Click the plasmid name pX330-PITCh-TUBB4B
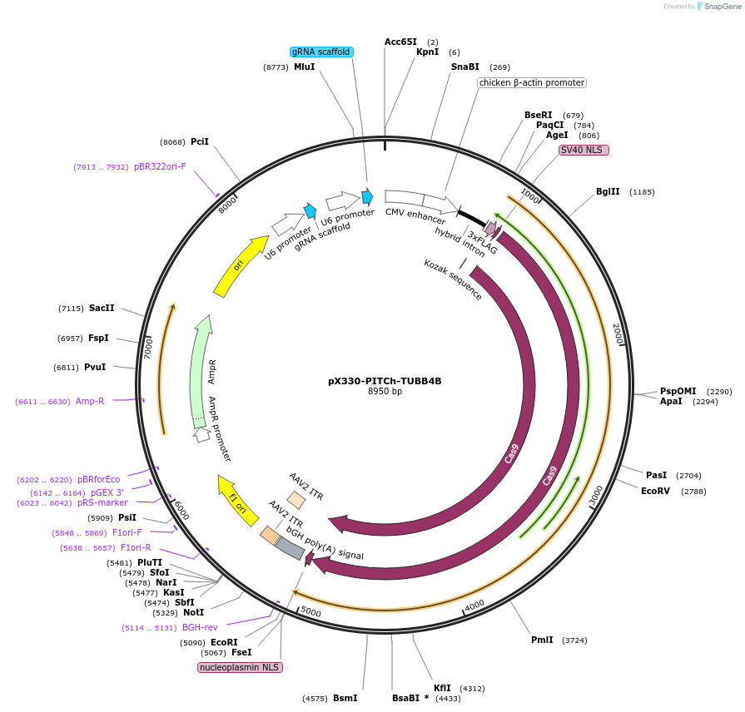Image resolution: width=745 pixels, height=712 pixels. coord(385,381)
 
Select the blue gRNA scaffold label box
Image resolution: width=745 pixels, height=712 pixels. coord(321,52)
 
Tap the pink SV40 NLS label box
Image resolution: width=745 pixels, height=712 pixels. coord(584,150)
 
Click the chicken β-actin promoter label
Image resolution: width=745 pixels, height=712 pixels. coord(532,83)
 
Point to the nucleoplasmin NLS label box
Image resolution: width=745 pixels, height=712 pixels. coord(240,667)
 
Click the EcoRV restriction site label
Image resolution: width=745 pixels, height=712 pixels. coord(655,492)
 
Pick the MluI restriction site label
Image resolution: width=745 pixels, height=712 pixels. coord(305,67)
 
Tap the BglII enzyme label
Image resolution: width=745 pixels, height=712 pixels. coord(608,191)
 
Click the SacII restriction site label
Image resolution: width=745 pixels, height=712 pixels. coord(102,308)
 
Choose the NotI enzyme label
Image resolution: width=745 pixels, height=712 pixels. coord(193,612)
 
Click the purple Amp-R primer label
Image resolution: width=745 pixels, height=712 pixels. coord(90,401)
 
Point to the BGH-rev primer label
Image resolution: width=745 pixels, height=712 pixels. coord(200,628)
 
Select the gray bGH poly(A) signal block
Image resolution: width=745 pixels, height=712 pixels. coord(290,548)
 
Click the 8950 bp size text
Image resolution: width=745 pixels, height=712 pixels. coord(385,392)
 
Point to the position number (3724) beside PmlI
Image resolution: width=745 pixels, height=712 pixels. coord(575,640)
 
